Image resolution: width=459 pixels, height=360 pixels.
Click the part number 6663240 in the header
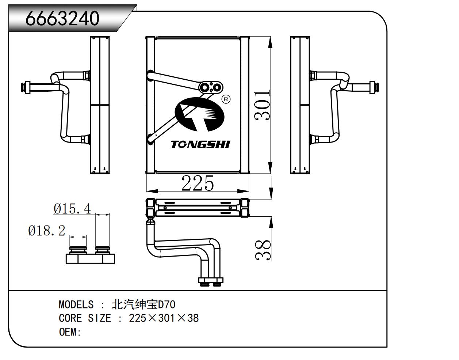coord(62,18)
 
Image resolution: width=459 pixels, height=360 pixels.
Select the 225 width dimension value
coord(198,183)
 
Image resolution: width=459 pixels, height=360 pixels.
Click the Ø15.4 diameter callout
coord(72,209)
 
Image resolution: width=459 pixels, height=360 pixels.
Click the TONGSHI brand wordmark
coord(200,145)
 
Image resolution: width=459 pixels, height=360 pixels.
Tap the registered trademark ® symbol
coord(226,99)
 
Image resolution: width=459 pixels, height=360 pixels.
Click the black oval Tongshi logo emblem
coord(200,114)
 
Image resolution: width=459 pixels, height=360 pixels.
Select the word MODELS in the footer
coord(76,304)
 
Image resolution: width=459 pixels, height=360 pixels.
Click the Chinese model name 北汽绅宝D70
coord(144,304)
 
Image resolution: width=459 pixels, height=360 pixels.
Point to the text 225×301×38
coord(164,318)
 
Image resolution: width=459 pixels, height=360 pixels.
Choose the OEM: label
coord(70,332)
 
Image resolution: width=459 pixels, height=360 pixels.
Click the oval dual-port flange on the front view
coord(211,87)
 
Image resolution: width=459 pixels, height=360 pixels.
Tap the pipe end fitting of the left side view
coord(26,87)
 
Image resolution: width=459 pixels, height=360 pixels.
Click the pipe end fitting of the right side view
coord(374,87)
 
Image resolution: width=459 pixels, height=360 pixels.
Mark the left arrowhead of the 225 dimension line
coord(152,191)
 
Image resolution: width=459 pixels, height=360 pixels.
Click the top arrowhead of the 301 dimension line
coord(271,42)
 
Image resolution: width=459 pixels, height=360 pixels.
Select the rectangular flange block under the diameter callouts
coord(91,259)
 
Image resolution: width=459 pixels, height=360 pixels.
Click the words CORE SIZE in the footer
coord(85,318)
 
